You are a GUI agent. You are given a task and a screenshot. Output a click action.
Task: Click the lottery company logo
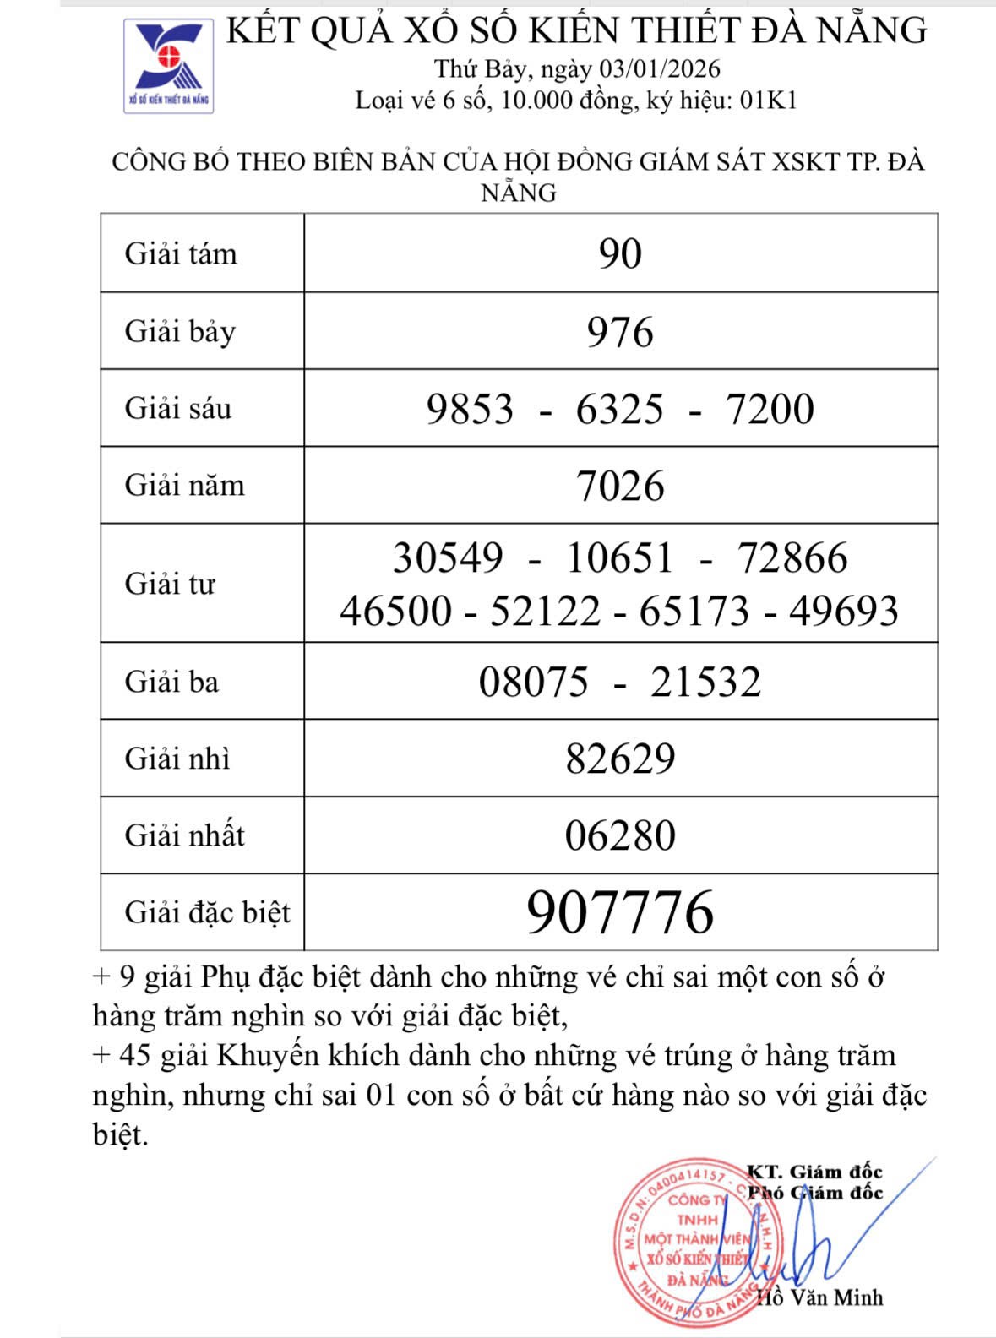169,66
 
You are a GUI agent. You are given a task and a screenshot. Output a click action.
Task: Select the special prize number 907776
620,912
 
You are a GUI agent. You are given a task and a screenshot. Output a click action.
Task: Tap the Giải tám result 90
620,253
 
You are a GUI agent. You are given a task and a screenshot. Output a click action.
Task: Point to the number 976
620,331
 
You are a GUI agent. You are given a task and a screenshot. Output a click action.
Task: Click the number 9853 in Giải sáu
470,409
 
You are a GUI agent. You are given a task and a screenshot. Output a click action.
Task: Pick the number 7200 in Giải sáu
770,409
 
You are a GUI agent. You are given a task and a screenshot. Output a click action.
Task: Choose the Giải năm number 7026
620,486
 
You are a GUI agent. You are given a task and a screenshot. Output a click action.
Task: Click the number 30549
448,557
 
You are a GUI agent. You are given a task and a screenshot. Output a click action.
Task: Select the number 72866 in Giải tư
792,557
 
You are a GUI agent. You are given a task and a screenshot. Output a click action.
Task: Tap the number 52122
546,611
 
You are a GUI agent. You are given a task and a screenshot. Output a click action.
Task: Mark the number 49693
844,611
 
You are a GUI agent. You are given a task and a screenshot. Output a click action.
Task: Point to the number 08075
533,682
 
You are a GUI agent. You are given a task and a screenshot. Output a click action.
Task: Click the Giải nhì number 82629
620,759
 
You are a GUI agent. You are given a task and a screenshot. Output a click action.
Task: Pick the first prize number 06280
620,835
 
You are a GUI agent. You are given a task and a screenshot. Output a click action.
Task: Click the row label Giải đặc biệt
207,912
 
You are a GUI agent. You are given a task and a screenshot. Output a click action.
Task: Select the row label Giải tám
181,253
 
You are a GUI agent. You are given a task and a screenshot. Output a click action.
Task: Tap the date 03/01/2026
660,68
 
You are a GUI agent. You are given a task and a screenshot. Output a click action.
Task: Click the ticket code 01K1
768,101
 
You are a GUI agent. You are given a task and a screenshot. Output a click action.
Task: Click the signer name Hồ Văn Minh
819,1297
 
